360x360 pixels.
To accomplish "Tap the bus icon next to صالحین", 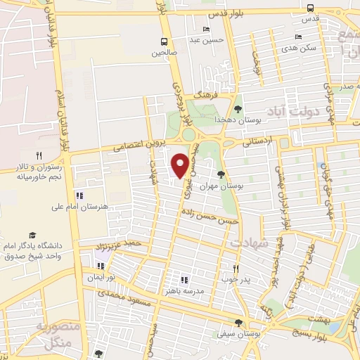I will pos(164,41).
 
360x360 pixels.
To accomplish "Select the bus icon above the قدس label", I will pos(310,8).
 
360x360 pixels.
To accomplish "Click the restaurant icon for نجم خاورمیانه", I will pos(39,156).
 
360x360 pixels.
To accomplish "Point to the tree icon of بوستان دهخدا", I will pos(238,109).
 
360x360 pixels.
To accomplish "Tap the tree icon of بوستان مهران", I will pos(221,174).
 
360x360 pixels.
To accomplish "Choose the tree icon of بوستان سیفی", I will pos(238,323).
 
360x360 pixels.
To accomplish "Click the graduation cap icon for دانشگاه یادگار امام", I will pos(32,236).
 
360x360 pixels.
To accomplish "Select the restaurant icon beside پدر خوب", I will pos(236,269).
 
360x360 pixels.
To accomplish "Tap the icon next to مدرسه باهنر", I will pos(184,279).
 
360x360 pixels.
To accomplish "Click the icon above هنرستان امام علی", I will pos(79,195).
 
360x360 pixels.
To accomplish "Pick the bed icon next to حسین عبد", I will pos(205,30).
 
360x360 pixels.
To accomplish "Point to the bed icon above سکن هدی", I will pos(299,37).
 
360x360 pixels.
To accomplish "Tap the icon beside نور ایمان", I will pos(100,266).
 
